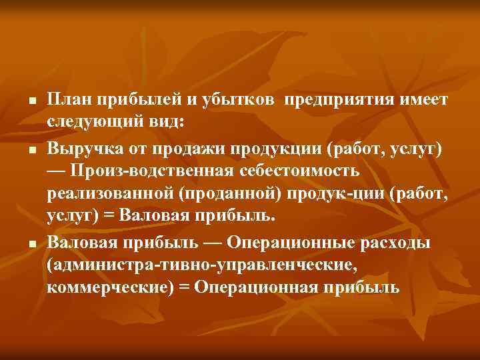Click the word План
click(69, 100)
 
